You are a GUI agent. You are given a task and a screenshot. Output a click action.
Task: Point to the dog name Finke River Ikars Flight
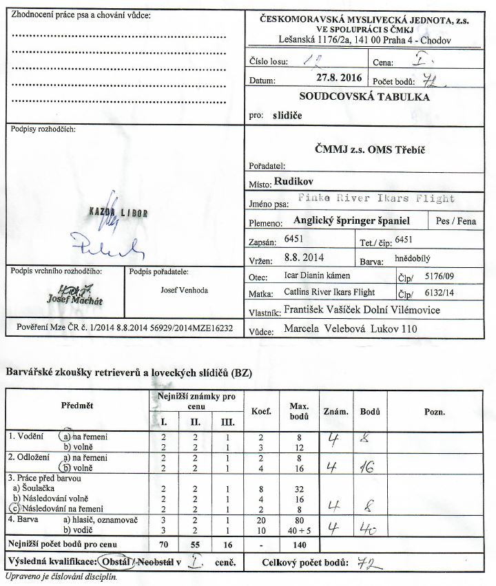[377, 198]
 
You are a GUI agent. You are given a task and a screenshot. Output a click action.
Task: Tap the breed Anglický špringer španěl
[351, 222]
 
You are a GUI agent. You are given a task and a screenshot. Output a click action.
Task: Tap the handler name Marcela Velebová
[323, 330]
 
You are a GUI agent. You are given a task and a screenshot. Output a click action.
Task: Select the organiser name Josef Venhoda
[183, 291]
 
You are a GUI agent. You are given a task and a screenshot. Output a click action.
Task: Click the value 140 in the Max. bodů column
[298, 545]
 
